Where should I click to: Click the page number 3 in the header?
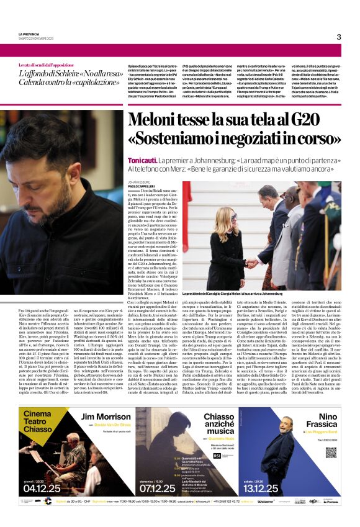(338, 37)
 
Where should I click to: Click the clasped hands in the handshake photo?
(251, 263)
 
